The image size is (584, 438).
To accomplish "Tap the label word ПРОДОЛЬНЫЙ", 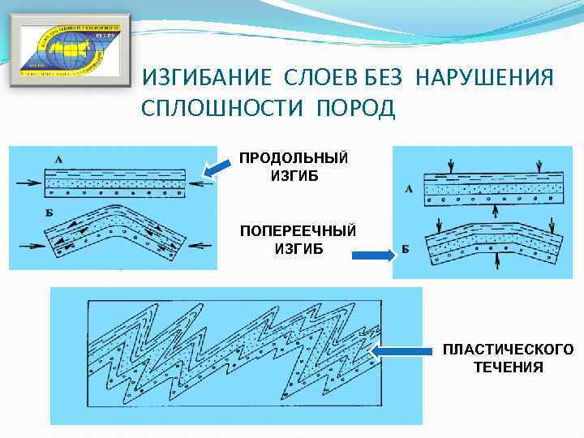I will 294,158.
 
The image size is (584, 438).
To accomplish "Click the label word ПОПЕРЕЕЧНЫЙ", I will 296,231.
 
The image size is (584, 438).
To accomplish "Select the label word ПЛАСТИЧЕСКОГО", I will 507,350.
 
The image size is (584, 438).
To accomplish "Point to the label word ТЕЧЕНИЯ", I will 508,367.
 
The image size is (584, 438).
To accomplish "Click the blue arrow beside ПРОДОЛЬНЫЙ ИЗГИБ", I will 217,169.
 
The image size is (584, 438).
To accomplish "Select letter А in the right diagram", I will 409,189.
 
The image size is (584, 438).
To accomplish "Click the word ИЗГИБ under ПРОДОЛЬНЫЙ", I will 294,175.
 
